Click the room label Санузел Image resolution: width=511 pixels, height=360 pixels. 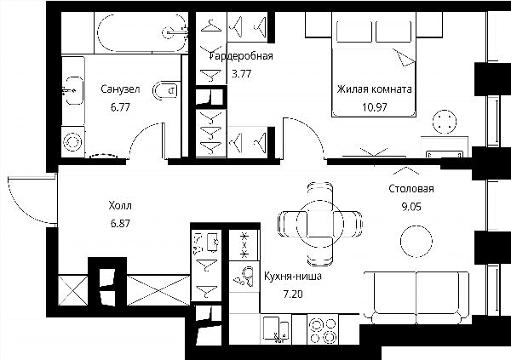coord(120,89)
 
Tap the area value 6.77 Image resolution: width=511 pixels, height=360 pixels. coord(120,107)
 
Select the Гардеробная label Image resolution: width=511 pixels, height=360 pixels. coord(242,56)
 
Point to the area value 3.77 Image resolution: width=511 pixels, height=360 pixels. coord(242,74)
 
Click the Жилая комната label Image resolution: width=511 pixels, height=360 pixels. coord(374,89)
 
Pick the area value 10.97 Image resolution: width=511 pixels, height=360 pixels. coord(375,107)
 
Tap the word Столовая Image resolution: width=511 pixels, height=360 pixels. coord(411,189)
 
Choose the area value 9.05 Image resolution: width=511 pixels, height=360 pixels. coord(411,207)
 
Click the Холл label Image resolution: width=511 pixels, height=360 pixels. coord(120,206)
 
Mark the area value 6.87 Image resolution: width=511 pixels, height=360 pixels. coord(120,224)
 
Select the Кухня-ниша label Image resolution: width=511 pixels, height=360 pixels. coord(293,277)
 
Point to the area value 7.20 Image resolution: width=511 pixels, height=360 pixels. coord(293,294)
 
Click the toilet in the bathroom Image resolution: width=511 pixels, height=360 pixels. coord(165,90)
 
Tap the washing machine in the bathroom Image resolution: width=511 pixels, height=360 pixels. coord(73,142)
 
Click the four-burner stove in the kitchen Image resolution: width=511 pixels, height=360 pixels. coord(323,329)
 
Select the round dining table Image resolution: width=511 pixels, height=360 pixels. coord(319,224)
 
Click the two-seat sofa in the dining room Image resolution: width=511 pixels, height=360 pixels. coord(416,297)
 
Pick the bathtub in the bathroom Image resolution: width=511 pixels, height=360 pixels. coord(142,32)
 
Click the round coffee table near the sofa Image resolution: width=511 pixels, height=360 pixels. coord(416,242)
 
